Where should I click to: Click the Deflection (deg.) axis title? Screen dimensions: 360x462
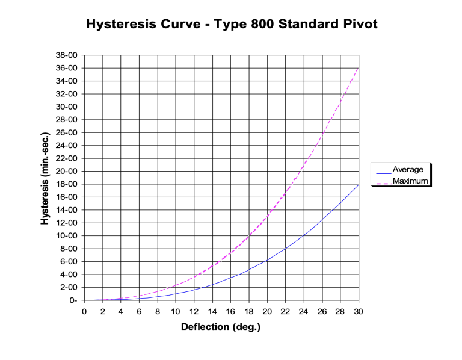[221, 327]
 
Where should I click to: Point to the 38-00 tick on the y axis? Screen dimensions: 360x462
[67, 55]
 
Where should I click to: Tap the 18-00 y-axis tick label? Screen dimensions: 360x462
[67, 184]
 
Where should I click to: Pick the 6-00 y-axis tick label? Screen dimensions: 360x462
[70, 262]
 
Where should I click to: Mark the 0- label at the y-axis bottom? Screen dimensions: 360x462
[73, 300]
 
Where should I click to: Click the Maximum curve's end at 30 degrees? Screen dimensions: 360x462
[359, 67]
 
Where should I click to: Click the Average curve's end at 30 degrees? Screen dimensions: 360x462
[359, 185]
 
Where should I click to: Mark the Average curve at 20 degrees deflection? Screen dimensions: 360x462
[267, 259]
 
